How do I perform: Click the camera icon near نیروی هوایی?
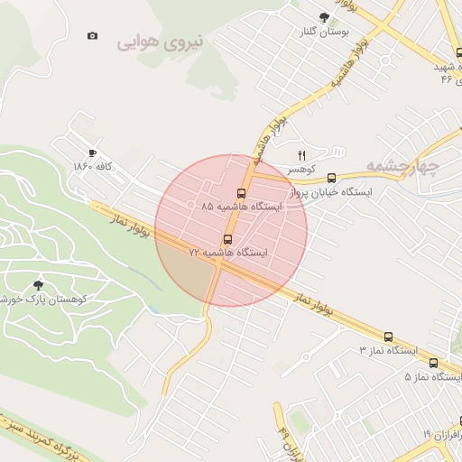pos(92,36)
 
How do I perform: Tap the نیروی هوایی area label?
pos(161,41)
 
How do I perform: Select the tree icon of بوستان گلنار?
pos(324,16)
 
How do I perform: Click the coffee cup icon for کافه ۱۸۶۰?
pos(92,153)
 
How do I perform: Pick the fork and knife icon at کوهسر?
pos(302,155)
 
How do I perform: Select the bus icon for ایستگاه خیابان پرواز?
pos(332,178)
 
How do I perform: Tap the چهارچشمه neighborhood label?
pos(402,166)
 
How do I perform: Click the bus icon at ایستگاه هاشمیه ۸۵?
pos(241,193)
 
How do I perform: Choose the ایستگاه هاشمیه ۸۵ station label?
pos(241,207)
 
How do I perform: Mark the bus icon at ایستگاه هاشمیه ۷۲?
pos(226,239)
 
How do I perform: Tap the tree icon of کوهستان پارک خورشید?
pos(37,285)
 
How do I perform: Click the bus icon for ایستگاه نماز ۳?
pos(388,336)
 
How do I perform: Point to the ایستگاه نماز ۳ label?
pos(389,349)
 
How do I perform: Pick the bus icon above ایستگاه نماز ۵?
pos(433,363)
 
